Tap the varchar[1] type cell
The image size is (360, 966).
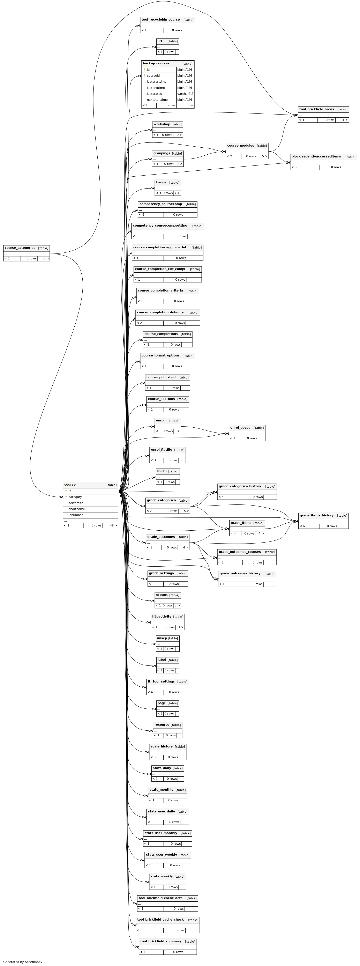pyautogui.click(x=185, y=94)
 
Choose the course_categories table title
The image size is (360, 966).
pyautogui.click(x=20, y=248)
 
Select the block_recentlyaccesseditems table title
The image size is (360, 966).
pyautogui.click(x=316, y=156)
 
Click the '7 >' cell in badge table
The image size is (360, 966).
pyautogui.click(x=177, y=193)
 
